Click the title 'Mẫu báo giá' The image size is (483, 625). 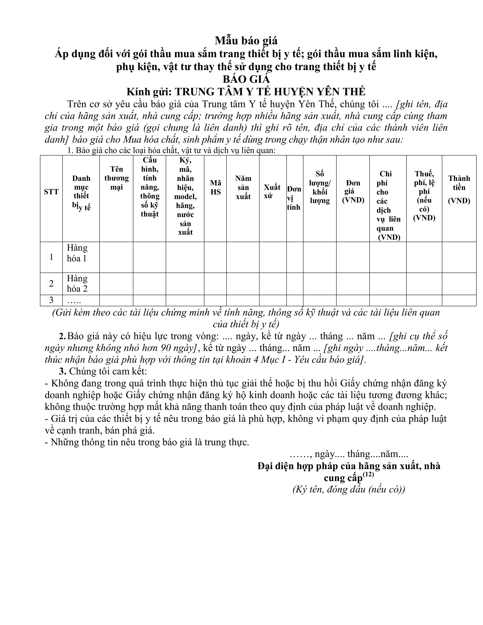click(246, 41)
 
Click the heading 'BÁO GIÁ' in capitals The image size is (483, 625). click(246, 79)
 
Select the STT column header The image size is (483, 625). click(51, 192)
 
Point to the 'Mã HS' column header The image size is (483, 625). click(216, 187)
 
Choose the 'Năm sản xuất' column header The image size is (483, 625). click(243, 187)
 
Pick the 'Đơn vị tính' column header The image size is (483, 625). click(294, 198)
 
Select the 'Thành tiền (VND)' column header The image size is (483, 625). click(459, 189)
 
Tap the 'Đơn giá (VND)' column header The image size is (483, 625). click(353, 191)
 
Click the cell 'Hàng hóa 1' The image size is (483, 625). click(77, 253)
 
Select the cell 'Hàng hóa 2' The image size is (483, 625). click(77, 284)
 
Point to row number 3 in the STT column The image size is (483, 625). click(51, 300)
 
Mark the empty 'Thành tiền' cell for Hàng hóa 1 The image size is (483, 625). click(459, 257)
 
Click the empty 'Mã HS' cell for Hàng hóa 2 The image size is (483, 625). click(216, 284)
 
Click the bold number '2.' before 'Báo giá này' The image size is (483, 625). click(62, 336)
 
